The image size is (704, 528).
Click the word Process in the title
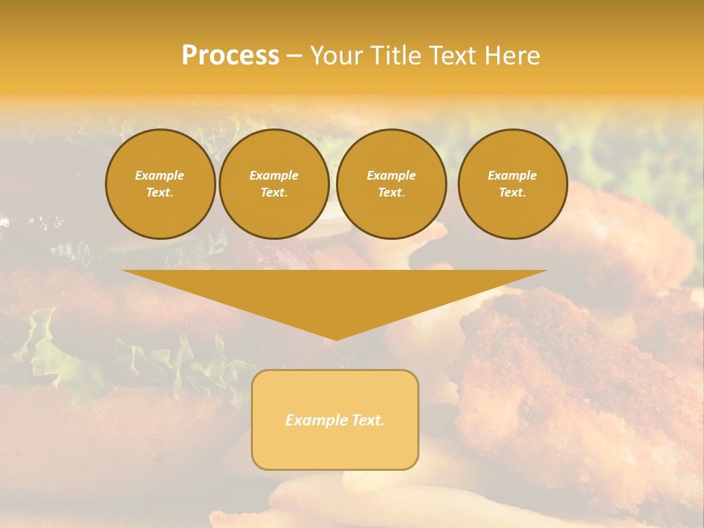coord(230,56)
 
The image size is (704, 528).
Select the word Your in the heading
coord(337,56)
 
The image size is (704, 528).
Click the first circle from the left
coord(160,184)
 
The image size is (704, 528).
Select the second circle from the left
coord(274,184)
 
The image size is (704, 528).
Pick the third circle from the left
coord(391,184)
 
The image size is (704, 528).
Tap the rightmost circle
coord(512,184)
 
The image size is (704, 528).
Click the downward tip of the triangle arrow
coord(336,338)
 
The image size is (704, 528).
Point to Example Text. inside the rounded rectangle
coord(335,420)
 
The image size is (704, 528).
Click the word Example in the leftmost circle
coord(160,175)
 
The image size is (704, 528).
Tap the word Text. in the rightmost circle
coord(512,193)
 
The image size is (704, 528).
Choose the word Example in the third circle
coord(391,175)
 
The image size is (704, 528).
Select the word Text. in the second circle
coord(274,193)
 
